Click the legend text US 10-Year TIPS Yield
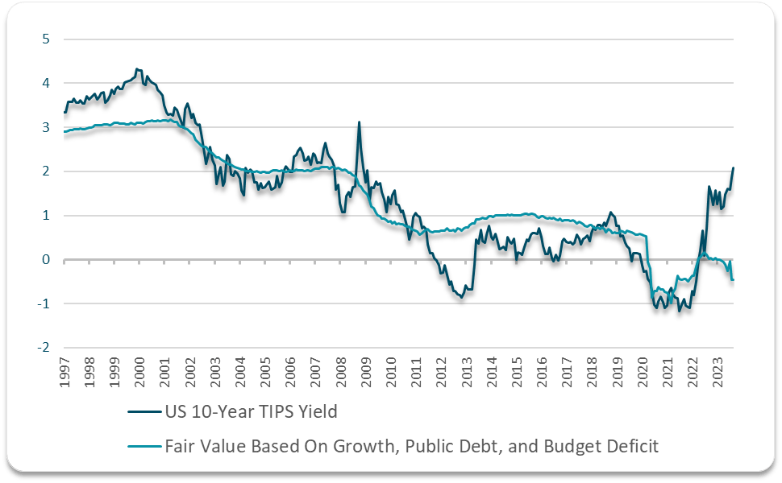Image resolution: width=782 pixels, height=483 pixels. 250,412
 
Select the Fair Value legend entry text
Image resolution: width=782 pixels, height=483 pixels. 411,445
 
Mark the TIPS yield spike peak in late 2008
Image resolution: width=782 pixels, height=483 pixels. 359,122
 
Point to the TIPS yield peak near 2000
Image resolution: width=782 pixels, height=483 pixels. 138,69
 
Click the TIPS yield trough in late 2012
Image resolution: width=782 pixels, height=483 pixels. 461,298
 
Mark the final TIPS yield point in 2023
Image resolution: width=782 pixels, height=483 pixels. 733,168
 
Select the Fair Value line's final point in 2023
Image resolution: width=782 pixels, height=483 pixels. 733,279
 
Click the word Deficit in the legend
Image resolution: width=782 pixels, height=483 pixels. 632,445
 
